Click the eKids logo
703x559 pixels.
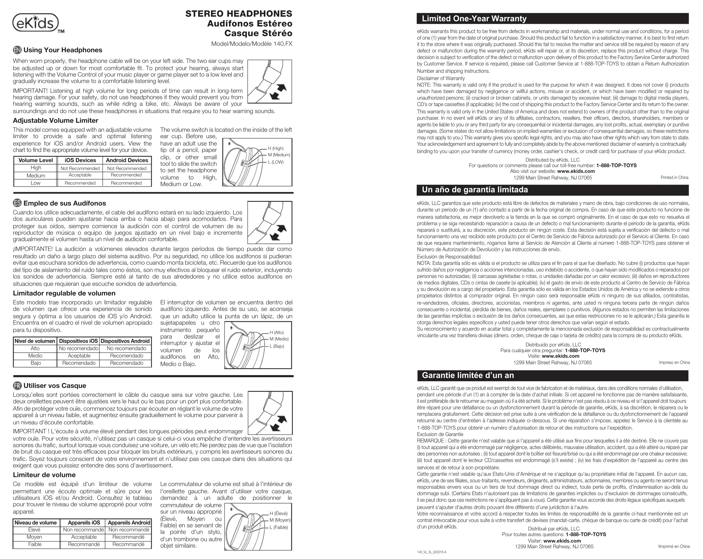pyautogui.click(x=36, y=23)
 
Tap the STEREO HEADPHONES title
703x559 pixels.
pyautogui.click(x=239, y=14)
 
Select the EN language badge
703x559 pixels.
pyautogui.click(x=17, y=50)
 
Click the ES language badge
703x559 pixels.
pyautogui.click(x=17, y=203)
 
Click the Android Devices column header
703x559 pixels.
pyautogui.click(x=127, y=160)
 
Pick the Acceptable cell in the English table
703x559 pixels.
pyautogui.click(x=80, y=175)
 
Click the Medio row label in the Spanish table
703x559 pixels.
pyautogui.click(x=35, y=356)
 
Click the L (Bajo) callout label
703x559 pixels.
pyautogui.click(x=277, y=346)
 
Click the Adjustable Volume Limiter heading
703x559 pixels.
pyautogui.click(x=55, y=120)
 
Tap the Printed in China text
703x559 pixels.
pyautogui.click(x=674, y=178)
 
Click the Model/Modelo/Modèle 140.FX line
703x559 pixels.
pyautogui.click(x=252, y=44)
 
